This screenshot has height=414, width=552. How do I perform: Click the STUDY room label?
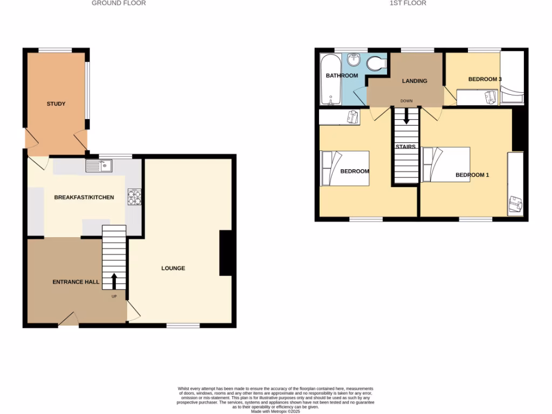point(56,103)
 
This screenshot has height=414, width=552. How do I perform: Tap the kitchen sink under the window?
point(98,166)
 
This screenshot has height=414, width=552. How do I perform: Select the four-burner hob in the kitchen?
point(134,197)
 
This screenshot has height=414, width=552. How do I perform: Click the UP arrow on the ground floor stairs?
point(114,281)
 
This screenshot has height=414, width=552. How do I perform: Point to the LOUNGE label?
point(174,268)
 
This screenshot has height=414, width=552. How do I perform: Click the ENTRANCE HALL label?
point(75,282)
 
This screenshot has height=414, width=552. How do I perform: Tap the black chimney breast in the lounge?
point(225,253)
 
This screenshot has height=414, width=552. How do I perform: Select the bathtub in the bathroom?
point(328,81)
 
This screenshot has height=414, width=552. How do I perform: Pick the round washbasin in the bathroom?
point(354,59)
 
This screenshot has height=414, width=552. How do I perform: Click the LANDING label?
point(415,81)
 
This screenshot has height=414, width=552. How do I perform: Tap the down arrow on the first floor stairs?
point(406,115)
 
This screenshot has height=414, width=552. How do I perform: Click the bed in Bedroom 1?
point(446,164)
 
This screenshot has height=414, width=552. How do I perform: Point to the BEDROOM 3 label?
point(485,79)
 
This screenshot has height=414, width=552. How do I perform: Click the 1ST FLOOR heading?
point(408,3)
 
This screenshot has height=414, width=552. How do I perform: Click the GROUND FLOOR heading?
point(119,3)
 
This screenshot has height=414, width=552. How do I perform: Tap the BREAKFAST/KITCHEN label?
point(84,197)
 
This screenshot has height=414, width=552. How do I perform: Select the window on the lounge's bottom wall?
point(183,325)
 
